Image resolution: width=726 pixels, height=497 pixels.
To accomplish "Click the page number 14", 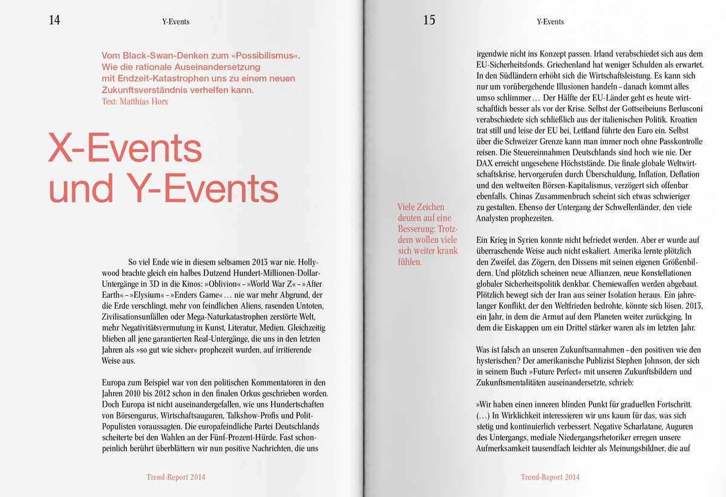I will coord(54,21).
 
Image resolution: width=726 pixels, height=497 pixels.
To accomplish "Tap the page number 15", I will coord(429,21).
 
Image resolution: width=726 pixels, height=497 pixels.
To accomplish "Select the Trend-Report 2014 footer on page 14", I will coord(175,477).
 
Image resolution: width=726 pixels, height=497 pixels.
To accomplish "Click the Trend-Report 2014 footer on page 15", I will coord(550,477).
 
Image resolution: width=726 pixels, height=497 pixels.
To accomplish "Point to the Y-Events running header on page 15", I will coord(550,22).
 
